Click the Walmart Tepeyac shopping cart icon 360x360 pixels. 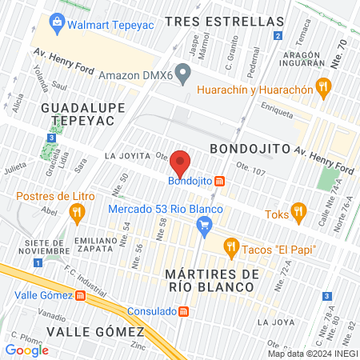click(57, 23)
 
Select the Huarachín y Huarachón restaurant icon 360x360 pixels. click(323, 88)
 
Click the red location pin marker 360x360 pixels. click(181, 163)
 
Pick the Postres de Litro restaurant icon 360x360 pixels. click(78, 212)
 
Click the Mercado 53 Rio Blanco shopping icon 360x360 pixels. click(204, 226)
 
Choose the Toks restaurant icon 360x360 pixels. click(299, 211)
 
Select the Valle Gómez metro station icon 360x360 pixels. click(79, 295)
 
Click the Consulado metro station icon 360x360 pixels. click(183, 311)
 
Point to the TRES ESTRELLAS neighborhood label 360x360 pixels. click(225, 22)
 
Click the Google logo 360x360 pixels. click(26, 350)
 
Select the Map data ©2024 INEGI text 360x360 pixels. click(311, 353)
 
